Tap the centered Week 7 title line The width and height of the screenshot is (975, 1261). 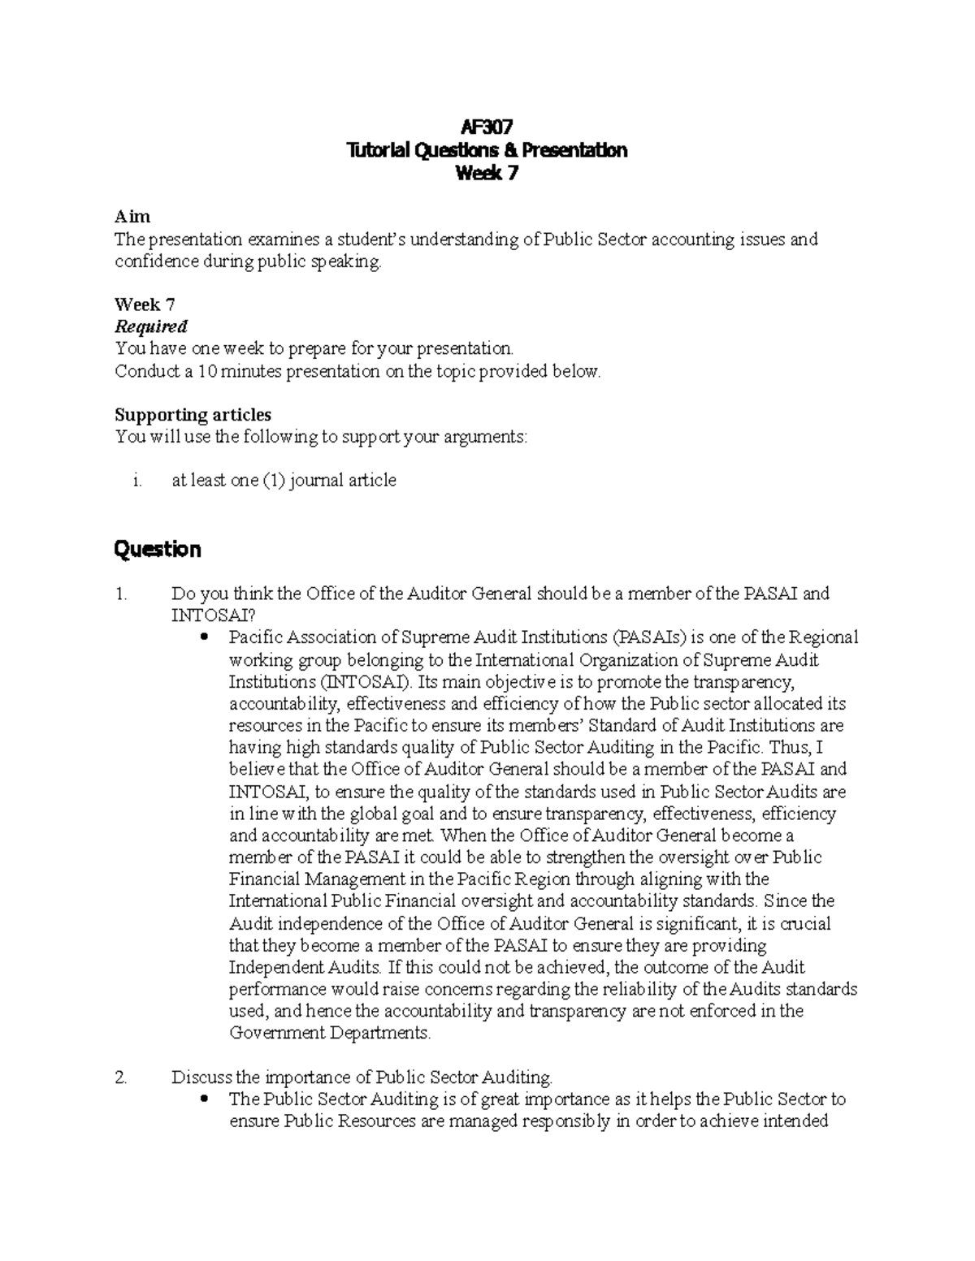click(487, 174)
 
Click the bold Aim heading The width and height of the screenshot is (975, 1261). click(132, 217)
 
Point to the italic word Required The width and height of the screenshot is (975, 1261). click(151, 326)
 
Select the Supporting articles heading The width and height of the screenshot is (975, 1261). click(193, 414)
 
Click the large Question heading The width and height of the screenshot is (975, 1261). click(158, 550)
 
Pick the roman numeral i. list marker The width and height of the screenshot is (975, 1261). click(136, 481)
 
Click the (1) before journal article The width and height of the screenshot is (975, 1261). click(272, 481)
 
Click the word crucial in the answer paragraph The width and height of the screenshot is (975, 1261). click(804, 924)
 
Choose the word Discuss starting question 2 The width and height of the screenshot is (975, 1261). click(202, 1077)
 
